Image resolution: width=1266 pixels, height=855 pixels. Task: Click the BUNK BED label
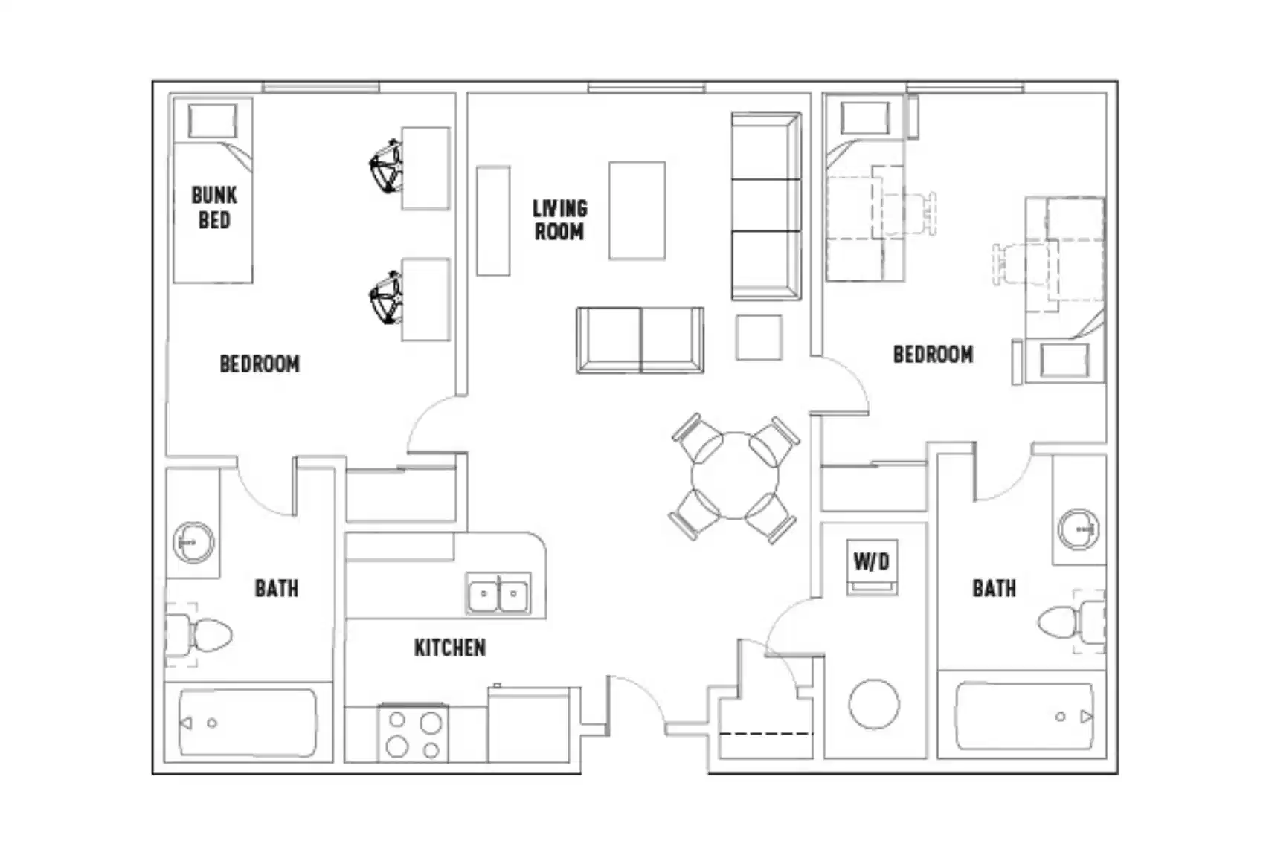(x=214, y=207)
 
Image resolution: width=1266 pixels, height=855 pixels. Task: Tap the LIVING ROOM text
(x=559, y=219)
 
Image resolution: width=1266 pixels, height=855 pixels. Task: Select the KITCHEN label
(x=449, y=648)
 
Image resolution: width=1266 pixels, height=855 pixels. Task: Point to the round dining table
(x=734, y=476)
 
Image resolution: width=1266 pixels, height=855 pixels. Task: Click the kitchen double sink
(x=498, y=594)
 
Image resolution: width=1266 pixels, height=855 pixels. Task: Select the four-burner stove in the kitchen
(x=414, y=734)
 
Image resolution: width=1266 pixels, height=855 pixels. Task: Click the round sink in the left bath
(x=193, y=542)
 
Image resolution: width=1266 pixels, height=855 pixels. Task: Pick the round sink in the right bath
(x=1079, y=529)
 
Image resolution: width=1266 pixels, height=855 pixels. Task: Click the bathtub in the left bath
(x=248, y=723)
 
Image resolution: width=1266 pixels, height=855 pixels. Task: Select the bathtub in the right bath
(x=1024, y=717)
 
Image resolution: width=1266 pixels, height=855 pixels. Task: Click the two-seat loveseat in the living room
(x=640, y=340)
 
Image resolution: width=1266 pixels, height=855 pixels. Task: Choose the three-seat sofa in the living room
(x=765, y=206)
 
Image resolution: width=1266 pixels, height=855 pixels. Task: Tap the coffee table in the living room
(x=637, y=210)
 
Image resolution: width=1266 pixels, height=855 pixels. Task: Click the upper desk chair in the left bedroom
(x=387, y=166)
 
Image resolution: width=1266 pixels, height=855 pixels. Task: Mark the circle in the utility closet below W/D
(x=874, y=704)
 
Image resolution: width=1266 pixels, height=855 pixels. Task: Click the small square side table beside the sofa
(x=759, y=338)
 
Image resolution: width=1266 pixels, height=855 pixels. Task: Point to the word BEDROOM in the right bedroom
(x=933, y=354)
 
